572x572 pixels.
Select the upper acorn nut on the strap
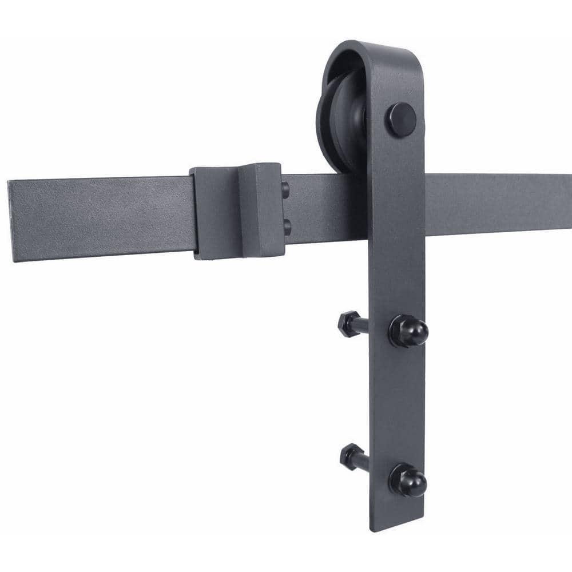408,331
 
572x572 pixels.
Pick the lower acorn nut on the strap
408,480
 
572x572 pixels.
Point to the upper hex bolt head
347,324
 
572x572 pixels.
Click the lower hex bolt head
349,456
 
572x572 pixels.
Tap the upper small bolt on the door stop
286,189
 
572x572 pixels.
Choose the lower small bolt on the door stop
287,227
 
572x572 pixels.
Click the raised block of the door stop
260,209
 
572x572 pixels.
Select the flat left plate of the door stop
214,213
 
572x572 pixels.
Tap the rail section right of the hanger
498,203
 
